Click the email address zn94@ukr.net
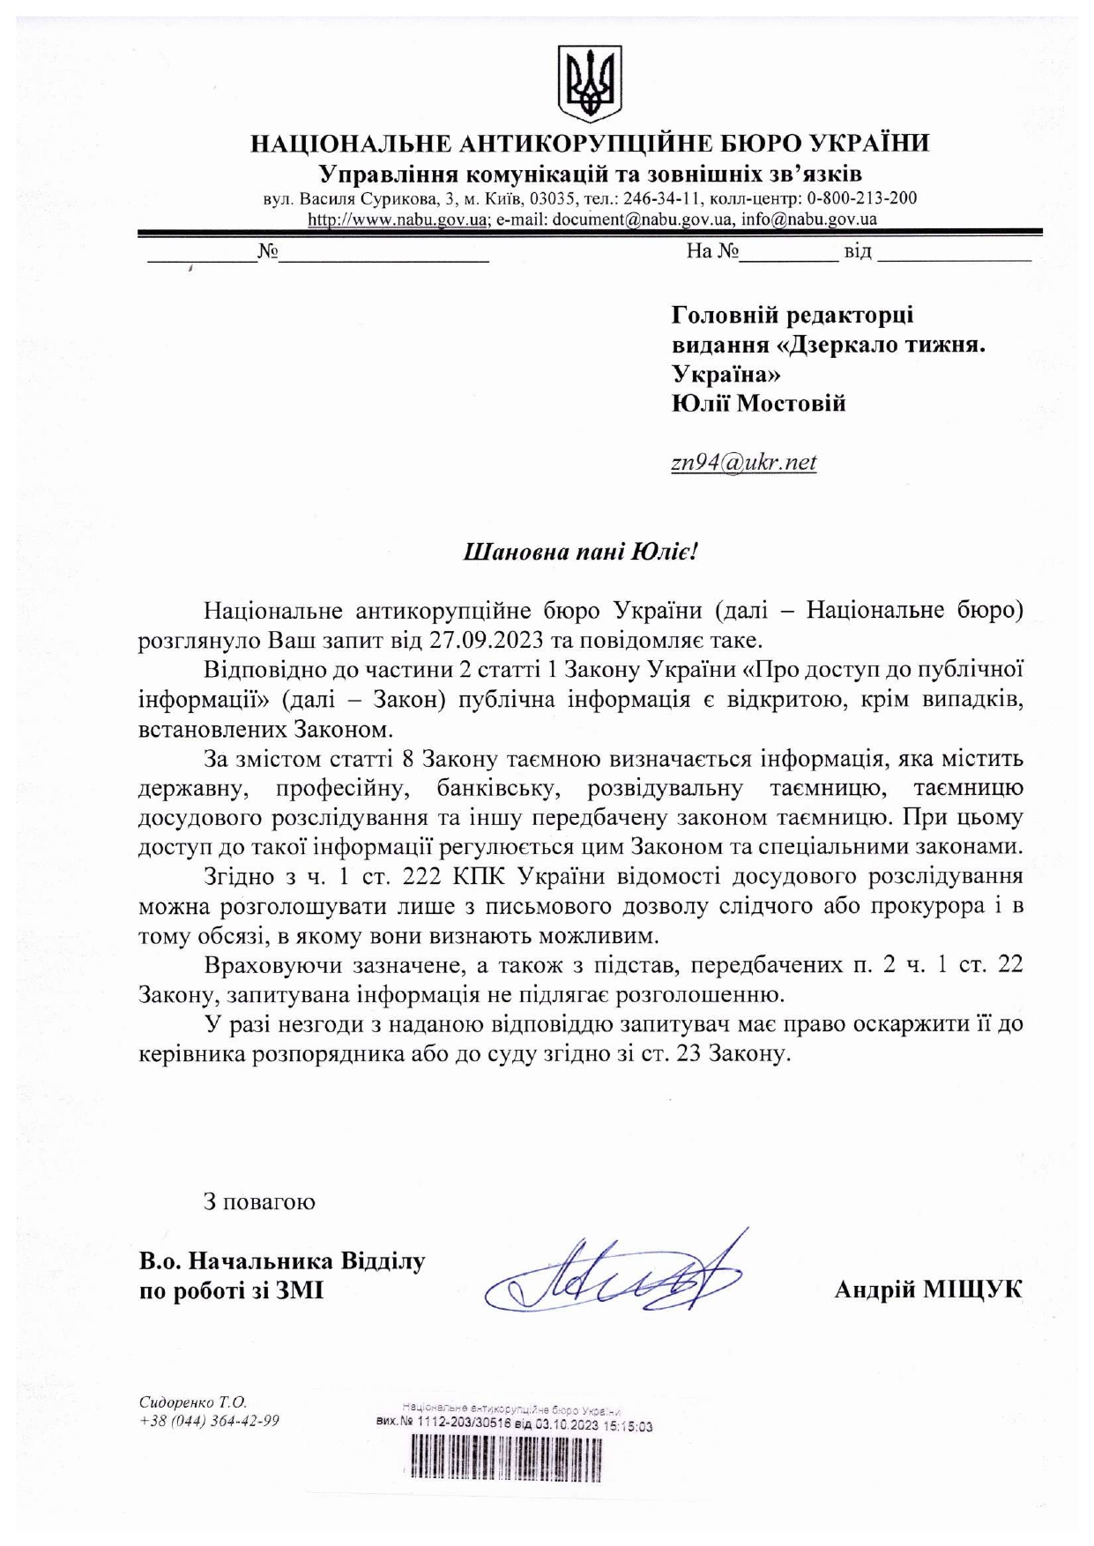[x=743, y=462]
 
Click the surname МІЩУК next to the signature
[x=972, y=1290]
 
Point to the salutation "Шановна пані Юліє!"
[x=580, y=553]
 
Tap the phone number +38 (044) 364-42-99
[x=209, y=1421]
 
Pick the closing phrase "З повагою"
[x=259, y=1202]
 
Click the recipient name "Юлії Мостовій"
[x=758, y=404]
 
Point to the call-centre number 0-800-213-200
[x=861, y=197]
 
